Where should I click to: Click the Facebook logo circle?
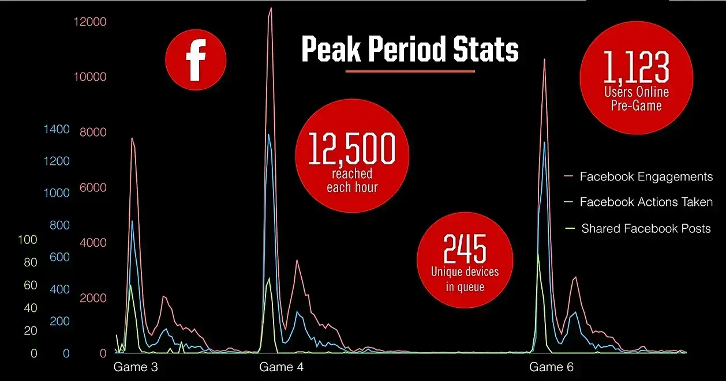click(196, 60)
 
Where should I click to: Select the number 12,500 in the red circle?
click(352, 150)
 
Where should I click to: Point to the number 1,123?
click(637, 68)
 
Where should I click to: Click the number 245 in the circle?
click(465, 249)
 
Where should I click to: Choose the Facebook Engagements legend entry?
click(646, 176)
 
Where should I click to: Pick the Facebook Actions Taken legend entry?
click(646, 202)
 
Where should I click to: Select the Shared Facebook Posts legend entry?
click(646, 228)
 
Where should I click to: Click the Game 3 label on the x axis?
click(136, 367)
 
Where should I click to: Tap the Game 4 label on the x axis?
click(281, 367)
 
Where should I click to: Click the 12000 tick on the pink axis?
click(91, 22)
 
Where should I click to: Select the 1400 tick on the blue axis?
click(57, 129)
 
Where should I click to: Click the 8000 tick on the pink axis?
click(93, 133)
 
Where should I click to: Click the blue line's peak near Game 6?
click(544, 142)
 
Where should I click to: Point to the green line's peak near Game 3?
click(131, 285)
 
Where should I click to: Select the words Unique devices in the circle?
click(465, 272)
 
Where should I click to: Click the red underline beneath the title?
click(410, 71)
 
